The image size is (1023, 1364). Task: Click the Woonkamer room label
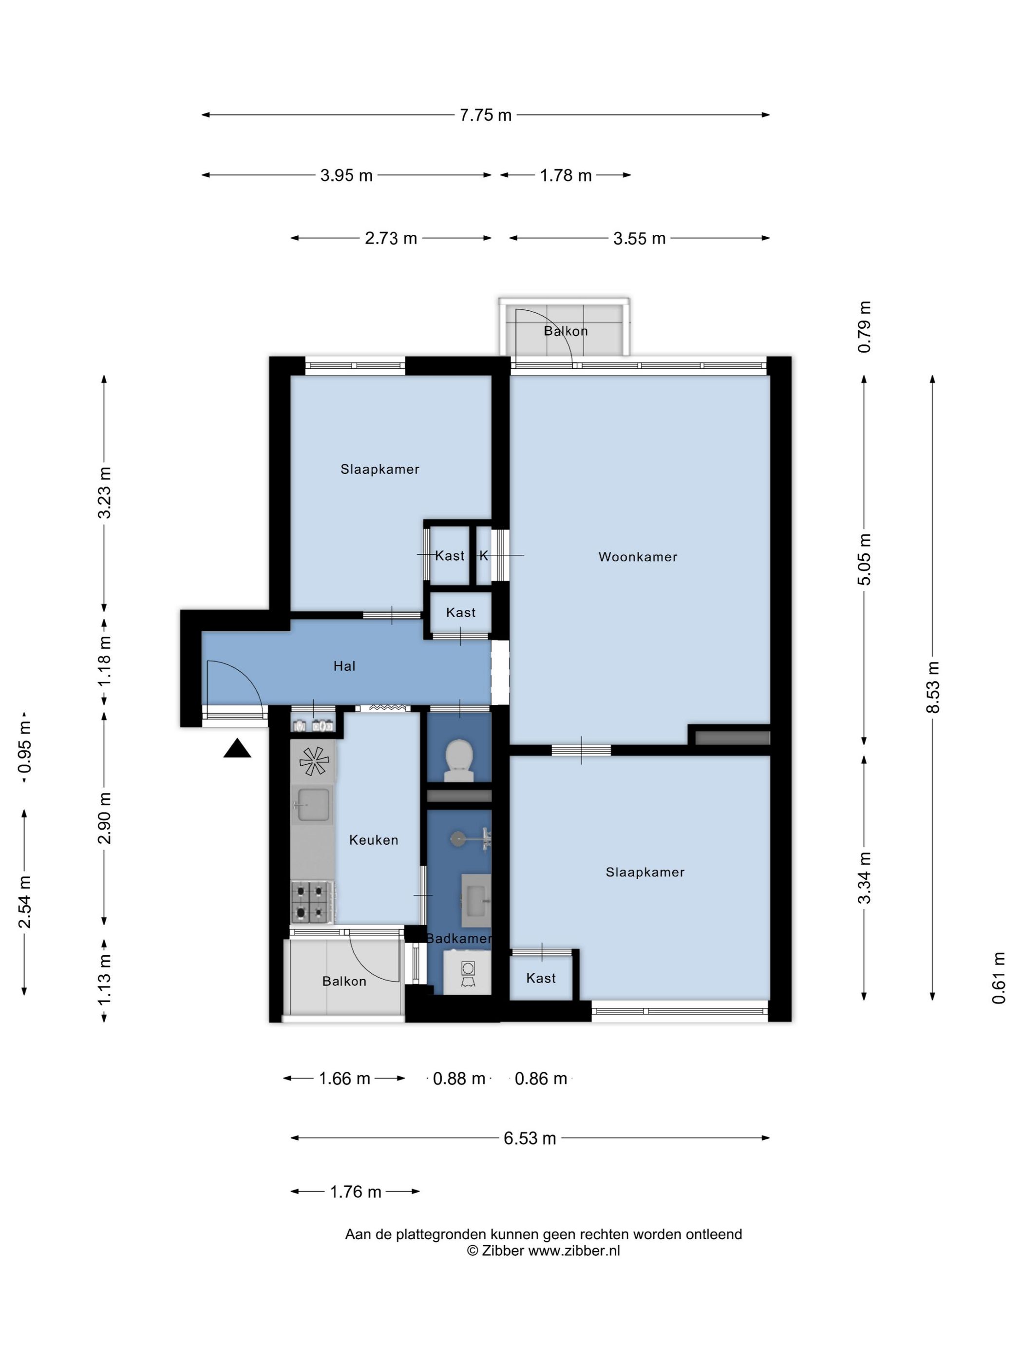(638, 557)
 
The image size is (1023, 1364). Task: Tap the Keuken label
(374, 840)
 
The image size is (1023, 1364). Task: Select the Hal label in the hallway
(344, 666)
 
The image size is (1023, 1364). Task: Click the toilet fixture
(459, 760)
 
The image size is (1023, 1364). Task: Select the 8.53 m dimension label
(933, 687)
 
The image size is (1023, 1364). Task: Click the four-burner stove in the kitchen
(313, 902)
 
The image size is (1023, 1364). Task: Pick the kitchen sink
(313, 805)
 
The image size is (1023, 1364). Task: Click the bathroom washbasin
(476, 900)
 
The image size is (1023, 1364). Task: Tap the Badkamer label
(459, 939)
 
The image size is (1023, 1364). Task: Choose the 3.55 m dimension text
(640, 239)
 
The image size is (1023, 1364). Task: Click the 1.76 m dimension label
(356, 1192)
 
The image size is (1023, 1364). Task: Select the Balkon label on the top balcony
(566, 331)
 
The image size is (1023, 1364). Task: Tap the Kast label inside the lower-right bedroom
(541, 978)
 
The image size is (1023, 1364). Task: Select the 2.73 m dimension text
(391, 239)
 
